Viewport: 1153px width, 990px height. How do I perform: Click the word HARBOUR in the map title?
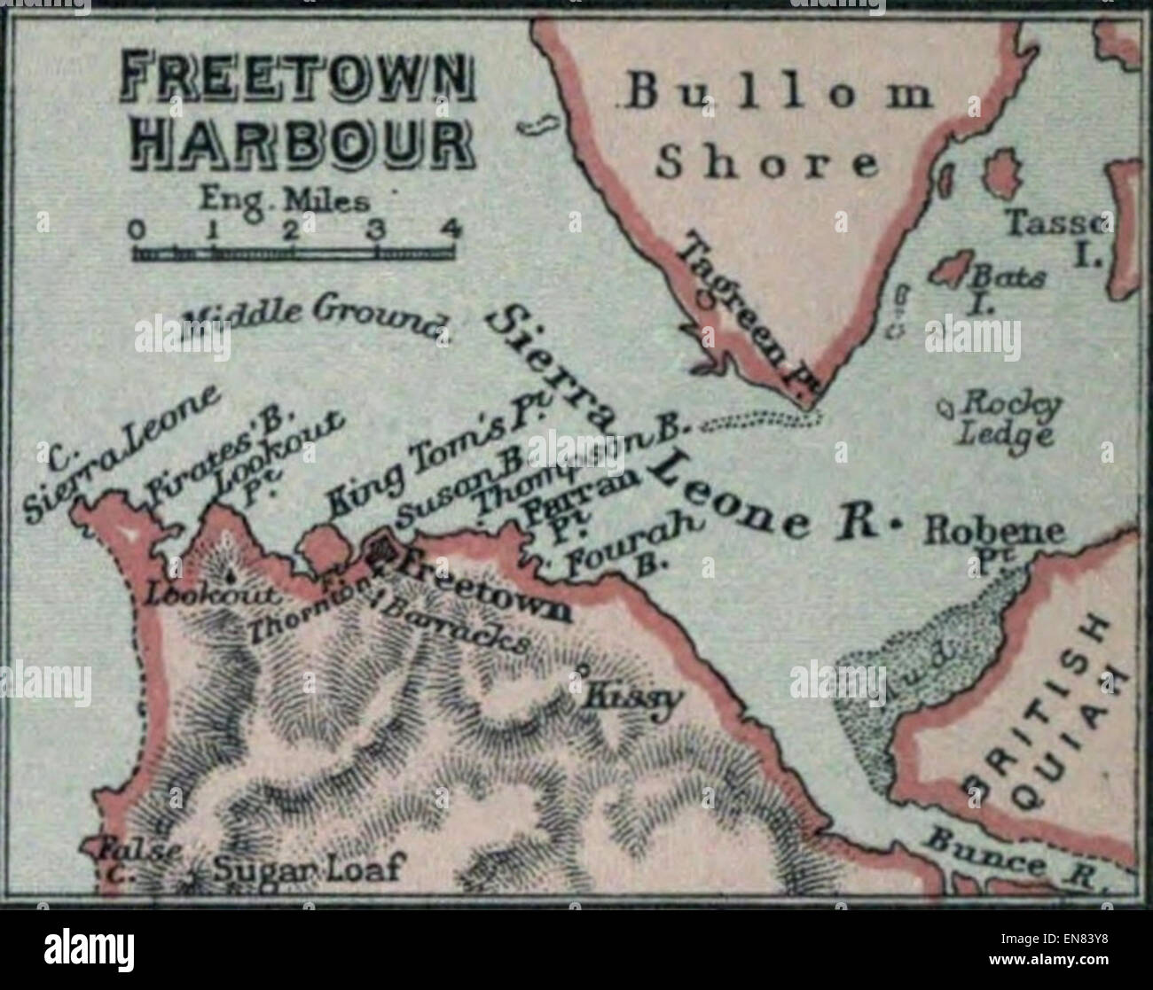click(x=302, y=144)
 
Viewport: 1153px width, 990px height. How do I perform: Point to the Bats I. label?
click(x=1007, y=286)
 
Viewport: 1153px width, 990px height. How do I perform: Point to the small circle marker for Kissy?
click(x=583, y=668)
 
